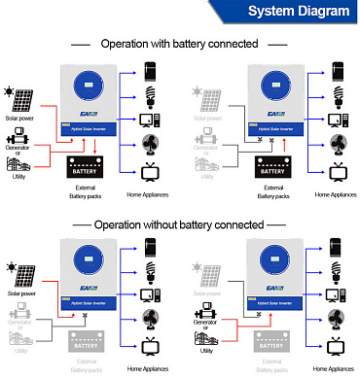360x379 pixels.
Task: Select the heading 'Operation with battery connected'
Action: (x=181, y=44)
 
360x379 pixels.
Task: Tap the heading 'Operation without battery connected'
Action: (x=181, y=224)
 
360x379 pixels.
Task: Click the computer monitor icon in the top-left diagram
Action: (x=151, y=122)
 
